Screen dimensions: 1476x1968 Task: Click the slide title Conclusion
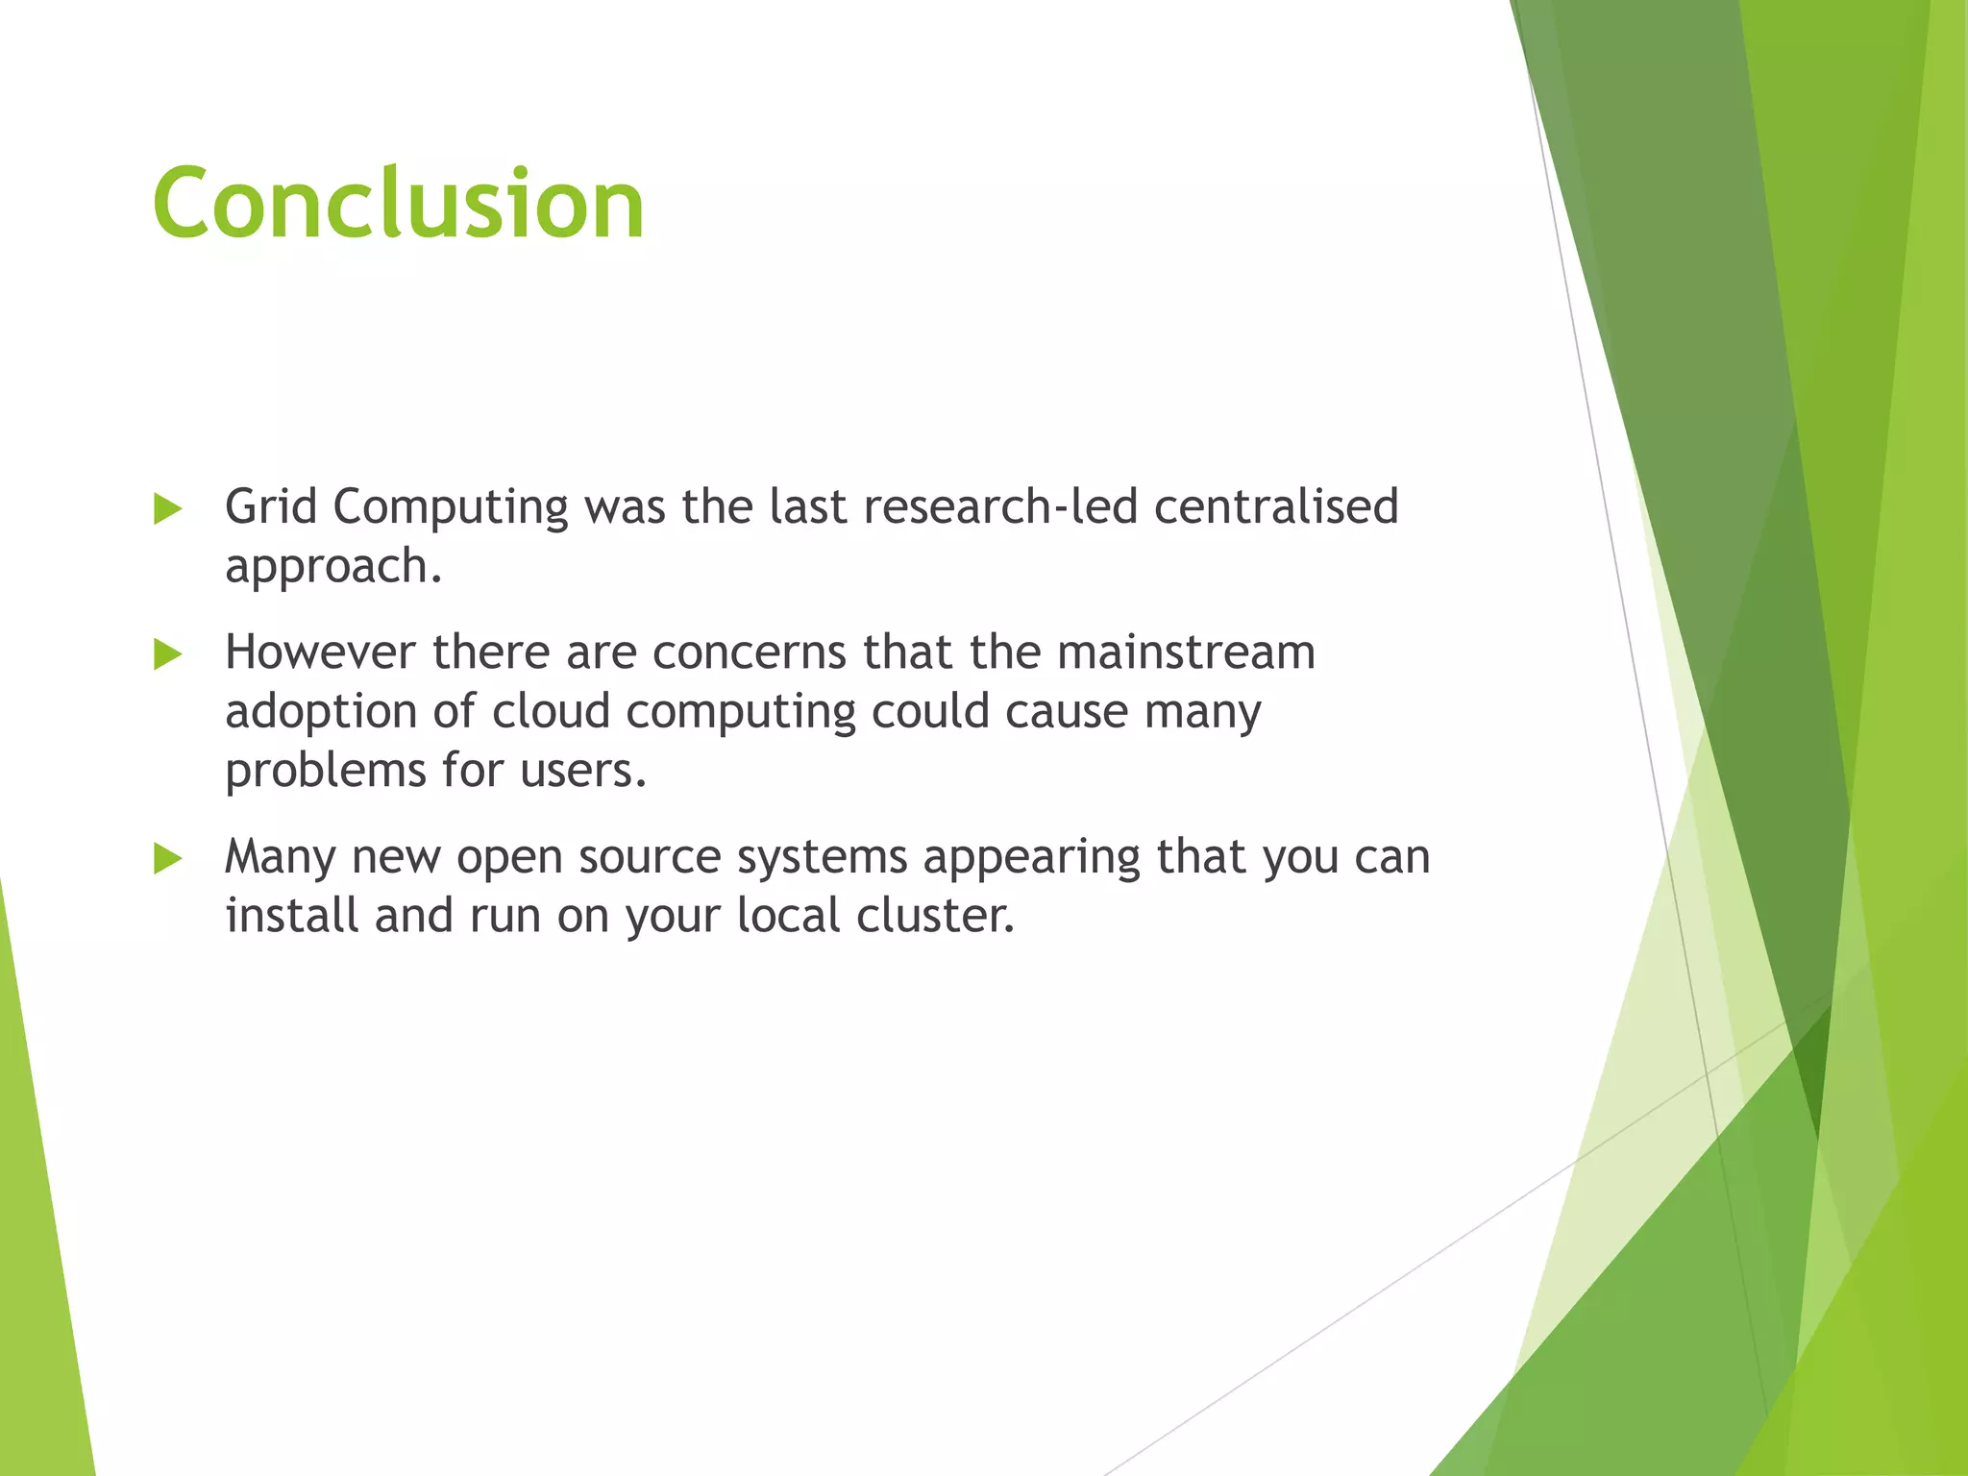click(398, 204)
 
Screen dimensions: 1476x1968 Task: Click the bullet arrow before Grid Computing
click(167, 509)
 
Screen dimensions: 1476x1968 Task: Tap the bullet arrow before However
click(167, 655)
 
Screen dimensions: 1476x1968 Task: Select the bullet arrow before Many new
click(167, 858)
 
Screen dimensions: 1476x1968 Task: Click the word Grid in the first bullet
click(270, 506)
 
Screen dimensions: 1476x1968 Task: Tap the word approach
click(332, 567)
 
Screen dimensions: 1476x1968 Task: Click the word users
click(582, 772)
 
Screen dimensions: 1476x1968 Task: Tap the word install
click(291, 915)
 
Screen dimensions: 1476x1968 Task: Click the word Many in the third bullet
click(280, 857)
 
